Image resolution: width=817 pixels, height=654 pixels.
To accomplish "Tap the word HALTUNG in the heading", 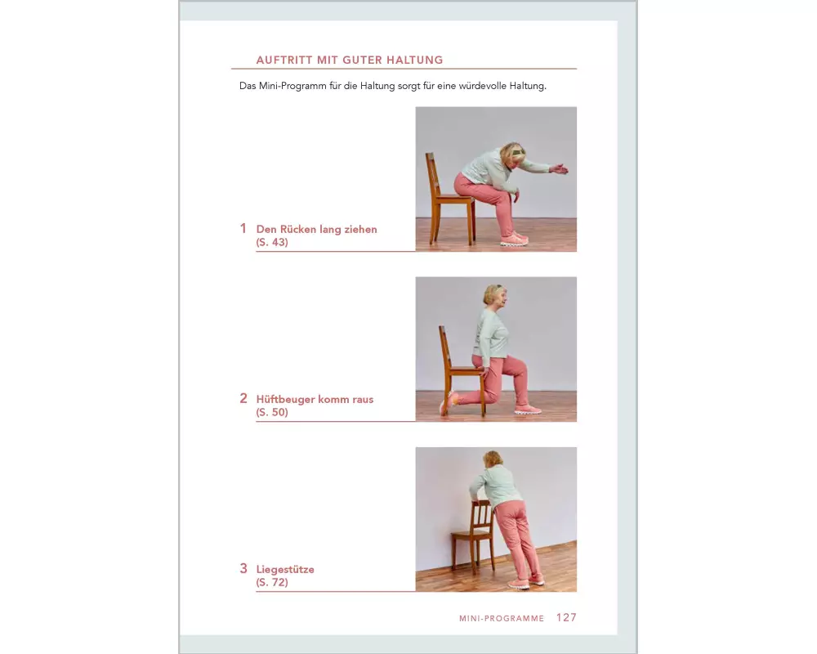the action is [x=415, y=60].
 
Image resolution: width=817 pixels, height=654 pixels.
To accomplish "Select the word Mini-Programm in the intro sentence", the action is [x=292, y=86].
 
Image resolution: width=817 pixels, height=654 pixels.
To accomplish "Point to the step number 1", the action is [x=243, y=228].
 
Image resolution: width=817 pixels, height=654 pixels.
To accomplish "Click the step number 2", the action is [x=243, y=398].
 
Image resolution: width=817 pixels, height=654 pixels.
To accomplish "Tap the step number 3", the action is [x=243, y=568].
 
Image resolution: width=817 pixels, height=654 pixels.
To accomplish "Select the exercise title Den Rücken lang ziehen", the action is [x=316, y=229].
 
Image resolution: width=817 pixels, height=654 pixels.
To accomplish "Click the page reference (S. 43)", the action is [x=272, y=242].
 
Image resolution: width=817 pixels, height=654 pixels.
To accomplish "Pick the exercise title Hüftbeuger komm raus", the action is [x=315, y=399].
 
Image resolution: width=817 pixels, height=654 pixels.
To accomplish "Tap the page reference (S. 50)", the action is [x=272, y=412].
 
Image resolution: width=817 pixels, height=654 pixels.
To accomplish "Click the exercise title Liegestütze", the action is [x=285, y=570].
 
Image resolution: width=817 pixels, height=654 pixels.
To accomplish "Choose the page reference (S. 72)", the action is [x=272, y=582].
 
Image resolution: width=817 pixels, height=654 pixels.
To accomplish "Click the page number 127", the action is [x=566, y=617].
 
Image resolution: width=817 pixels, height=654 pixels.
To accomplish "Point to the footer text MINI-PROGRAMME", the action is [x=502, y=619].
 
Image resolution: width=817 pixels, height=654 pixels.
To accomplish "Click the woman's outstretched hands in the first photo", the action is [x=559, y=169].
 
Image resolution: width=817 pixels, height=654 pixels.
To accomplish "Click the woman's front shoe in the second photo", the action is [x=528, y=410].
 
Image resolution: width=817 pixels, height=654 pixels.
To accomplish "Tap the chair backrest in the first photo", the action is [x=432, y=175].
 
